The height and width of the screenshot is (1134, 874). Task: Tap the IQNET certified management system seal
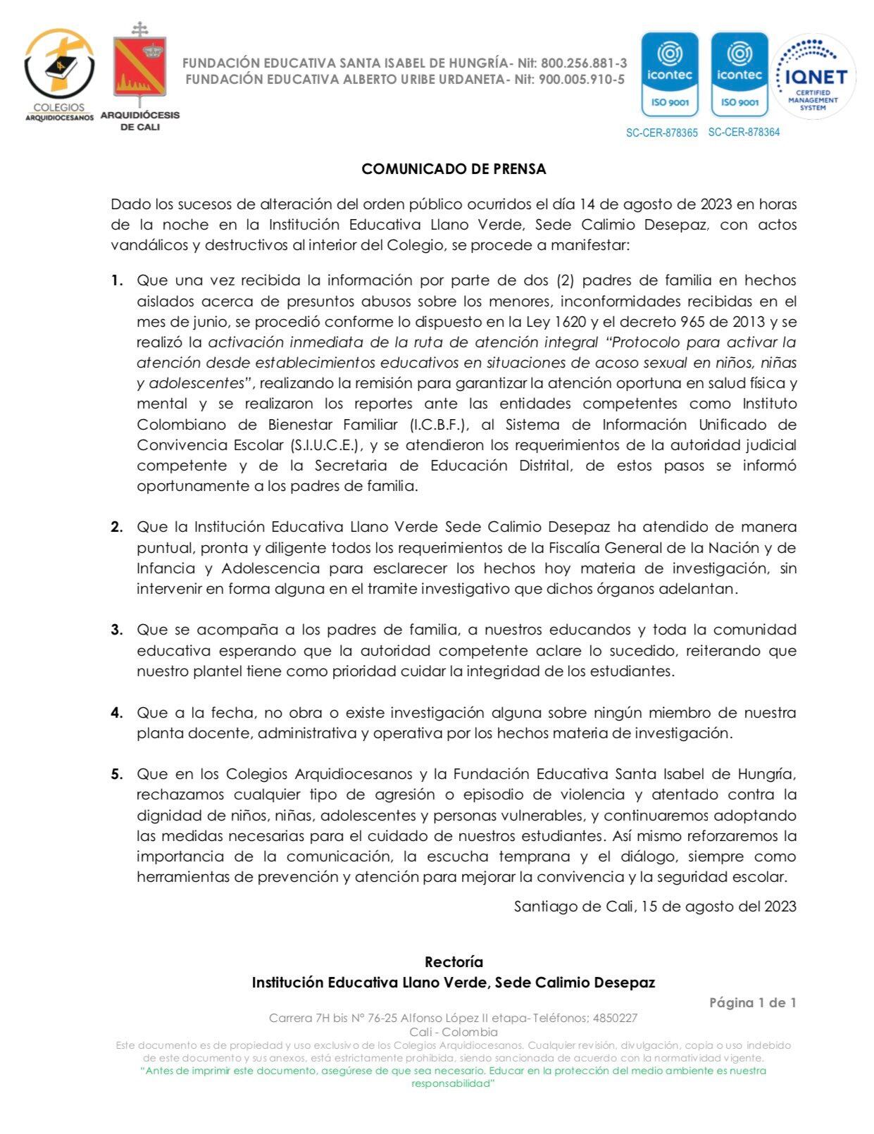coord(814,76)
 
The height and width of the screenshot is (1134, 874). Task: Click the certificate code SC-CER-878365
coord(661,132)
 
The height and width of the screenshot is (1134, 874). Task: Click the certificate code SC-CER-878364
coord(744,132)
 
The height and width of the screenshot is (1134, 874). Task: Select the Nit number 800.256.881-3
coord(583,63)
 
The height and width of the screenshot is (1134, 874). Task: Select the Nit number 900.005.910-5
coord(581,80)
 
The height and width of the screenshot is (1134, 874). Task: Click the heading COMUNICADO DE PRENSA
coord(454,169)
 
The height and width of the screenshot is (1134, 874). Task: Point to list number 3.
coord(116,630)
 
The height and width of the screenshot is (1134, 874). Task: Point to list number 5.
coord(116,774)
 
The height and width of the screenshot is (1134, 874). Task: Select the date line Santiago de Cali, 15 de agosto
coord(655,906)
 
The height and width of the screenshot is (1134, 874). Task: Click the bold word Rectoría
coord(454,961)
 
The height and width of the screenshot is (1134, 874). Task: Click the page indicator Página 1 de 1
coord(752,1002)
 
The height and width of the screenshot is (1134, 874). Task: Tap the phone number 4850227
coord(615,1018)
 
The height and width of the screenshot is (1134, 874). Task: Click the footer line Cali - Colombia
coord(454,1032)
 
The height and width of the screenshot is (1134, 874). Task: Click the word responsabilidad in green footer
coord(454,1083)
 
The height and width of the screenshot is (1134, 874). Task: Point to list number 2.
coord(116,527)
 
